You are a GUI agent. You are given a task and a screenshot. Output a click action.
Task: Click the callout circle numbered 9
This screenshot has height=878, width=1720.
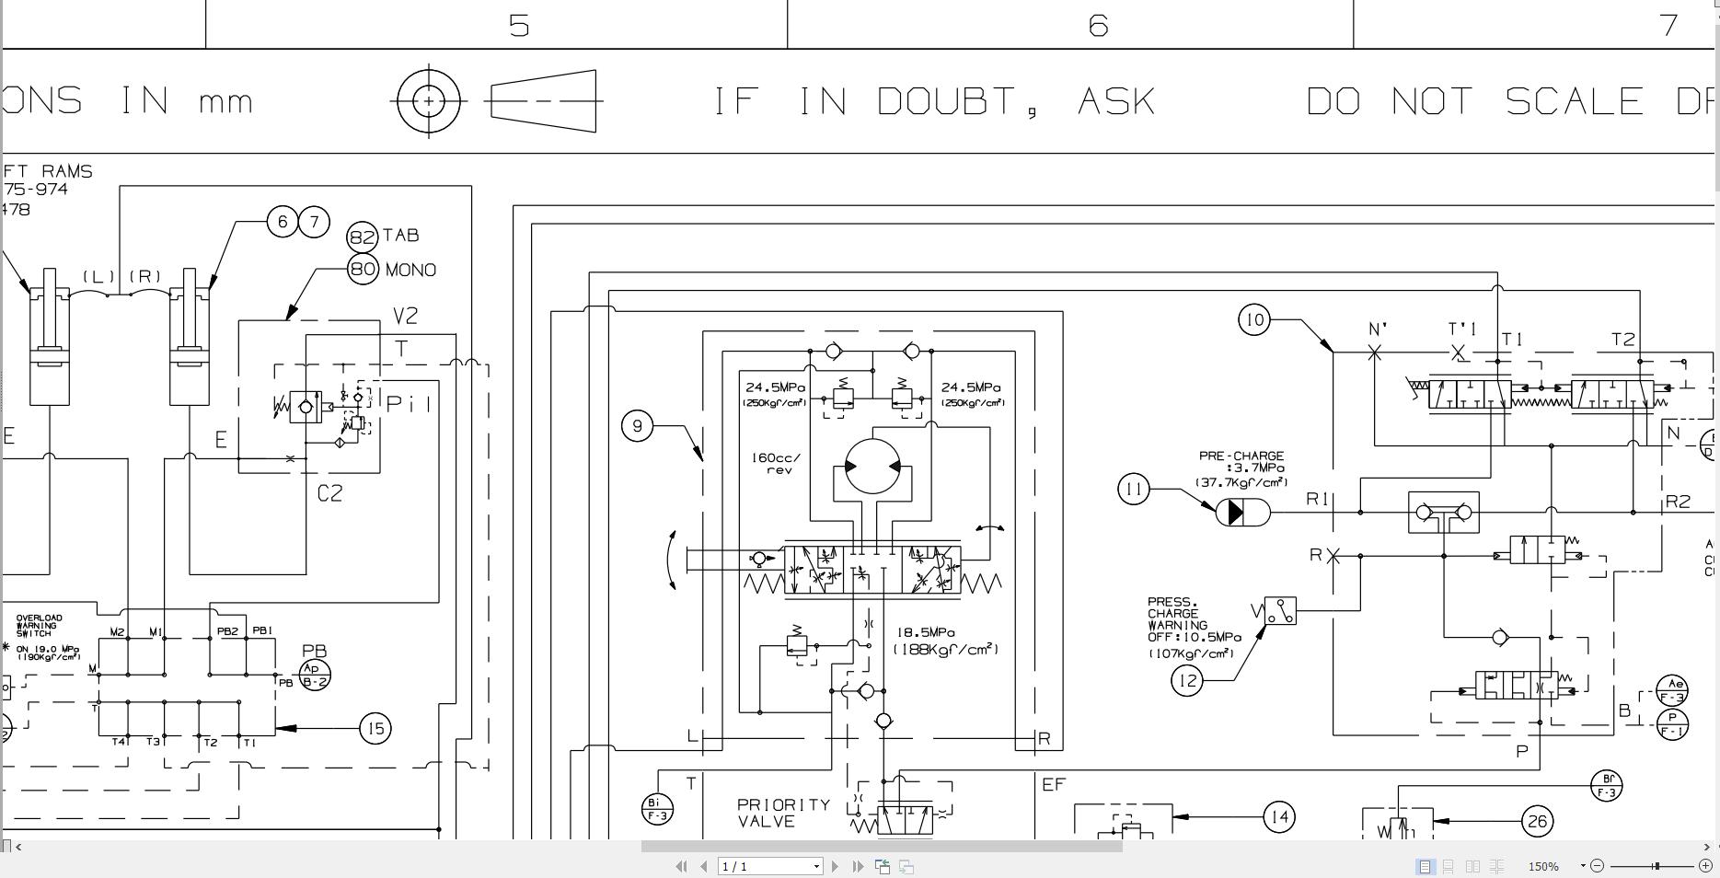point(638,426)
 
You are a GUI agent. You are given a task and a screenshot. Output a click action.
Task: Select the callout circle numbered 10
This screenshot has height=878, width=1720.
point(1253,320)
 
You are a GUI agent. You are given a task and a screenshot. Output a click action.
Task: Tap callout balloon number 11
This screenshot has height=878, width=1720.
point(1134,489)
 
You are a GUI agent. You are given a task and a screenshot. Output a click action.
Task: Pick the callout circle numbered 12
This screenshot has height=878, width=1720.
point(1187,681)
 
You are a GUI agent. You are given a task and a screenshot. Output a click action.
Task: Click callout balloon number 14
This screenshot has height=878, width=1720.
point(1279,816)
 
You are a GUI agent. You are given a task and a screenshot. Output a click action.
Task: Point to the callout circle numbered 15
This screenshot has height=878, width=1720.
point(375,729)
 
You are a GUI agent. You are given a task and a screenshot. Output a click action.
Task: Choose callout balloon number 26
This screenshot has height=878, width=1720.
point(1537,821)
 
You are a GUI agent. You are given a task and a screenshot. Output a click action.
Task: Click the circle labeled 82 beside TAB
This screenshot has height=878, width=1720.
point(363,237)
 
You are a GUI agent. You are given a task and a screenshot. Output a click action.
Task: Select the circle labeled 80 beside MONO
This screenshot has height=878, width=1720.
point(363,269)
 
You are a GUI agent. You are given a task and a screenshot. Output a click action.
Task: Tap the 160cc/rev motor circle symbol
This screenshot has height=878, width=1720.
point(872,467)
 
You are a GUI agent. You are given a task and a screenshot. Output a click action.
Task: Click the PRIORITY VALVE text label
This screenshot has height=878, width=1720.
point(783,813)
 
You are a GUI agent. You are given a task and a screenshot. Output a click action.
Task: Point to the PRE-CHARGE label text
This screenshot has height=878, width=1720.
point(1241,456)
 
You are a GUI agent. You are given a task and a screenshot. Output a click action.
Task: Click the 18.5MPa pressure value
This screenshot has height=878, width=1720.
point(926,632)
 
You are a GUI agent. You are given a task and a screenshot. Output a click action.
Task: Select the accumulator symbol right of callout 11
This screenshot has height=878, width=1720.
point(1242,513)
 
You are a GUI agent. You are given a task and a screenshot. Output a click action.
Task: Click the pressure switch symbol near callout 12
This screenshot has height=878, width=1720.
point(1280,611)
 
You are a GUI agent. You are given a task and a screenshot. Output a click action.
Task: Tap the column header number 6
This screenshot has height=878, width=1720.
point(1097,25)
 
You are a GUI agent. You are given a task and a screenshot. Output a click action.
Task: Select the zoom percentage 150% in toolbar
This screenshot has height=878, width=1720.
point(1543,866)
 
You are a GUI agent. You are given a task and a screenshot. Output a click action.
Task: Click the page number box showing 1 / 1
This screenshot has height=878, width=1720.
point(769,866)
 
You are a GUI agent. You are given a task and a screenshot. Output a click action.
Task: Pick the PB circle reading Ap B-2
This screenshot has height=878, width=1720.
point(315,676)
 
